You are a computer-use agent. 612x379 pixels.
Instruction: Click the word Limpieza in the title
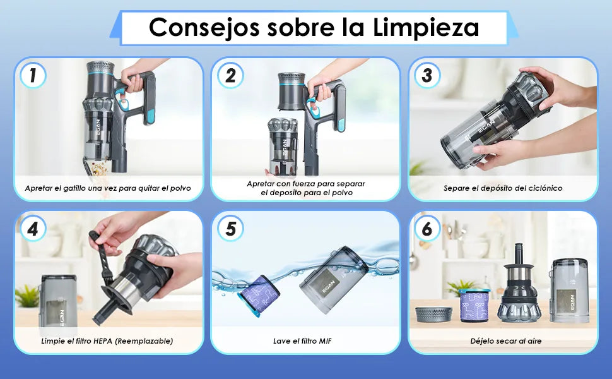[426, 28]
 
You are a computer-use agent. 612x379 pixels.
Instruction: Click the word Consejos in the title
[204, 28]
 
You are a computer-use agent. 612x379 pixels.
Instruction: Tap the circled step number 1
[33, 75]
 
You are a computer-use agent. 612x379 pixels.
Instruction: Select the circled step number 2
[230, 75]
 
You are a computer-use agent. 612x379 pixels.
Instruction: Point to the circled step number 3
[427, 75]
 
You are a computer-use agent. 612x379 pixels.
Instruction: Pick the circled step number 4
[33, 229]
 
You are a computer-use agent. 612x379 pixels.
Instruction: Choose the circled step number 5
[230, 229]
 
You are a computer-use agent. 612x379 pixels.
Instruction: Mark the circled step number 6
[427, 229]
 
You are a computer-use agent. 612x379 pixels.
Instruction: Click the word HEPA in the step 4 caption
[103, 341]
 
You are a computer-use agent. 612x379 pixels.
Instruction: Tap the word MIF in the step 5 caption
[325, 341]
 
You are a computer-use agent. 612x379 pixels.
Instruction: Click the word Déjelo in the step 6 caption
[481, 341]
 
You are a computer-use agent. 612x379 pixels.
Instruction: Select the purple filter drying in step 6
[474, 305]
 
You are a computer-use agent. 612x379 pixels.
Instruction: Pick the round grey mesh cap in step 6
[433, 315]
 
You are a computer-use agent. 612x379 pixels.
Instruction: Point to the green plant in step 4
[26, 296]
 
